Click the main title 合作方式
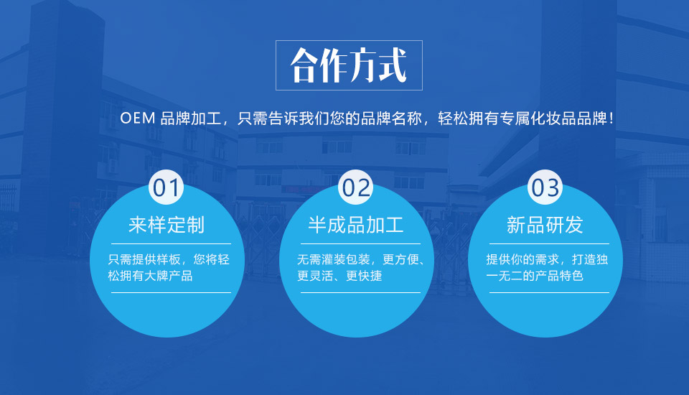[349, 65]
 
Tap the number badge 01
[166, 187]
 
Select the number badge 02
[355, 187]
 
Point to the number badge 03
[545, 187]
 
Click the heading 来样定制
[167, 225]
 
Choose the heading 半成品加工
[356, 225]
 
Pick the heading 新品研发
[545, 225]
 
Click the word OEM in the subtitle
[138, 118]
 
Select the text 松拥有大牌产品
[150, 276]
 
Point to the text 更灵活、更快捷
[339, 276]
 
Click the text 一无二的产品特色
[535, 276]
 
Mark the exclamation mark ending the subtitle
[611, 118]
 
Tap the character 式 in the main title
[393, 65]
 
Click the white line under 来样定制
[171, 243]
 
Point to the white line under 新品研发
[549, 243]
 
